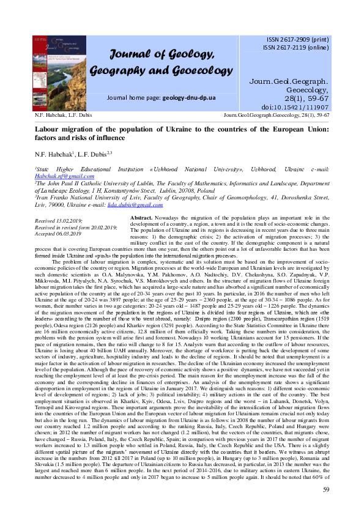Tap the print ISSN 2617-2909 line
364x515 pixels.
295,39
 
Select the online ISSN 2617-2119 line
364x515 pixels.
296,46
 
